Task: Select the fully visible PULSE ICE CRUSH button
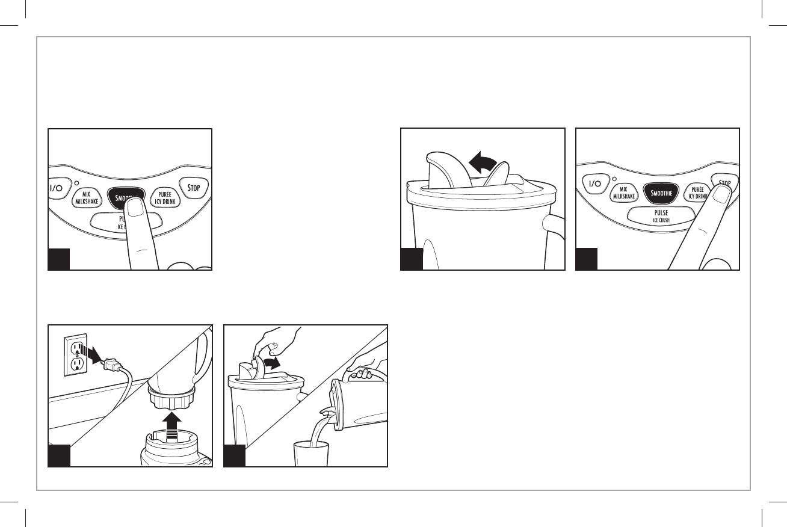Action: tap(657, 215)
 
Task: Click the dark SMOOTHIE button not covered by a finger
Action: tap(660, 193)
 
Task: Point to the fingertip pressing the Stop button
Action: tap(720, 196)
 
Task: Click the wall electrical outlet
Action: tap(76, 354)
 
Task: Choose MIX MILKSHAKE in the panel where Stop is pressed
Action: tap(623, 193)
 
